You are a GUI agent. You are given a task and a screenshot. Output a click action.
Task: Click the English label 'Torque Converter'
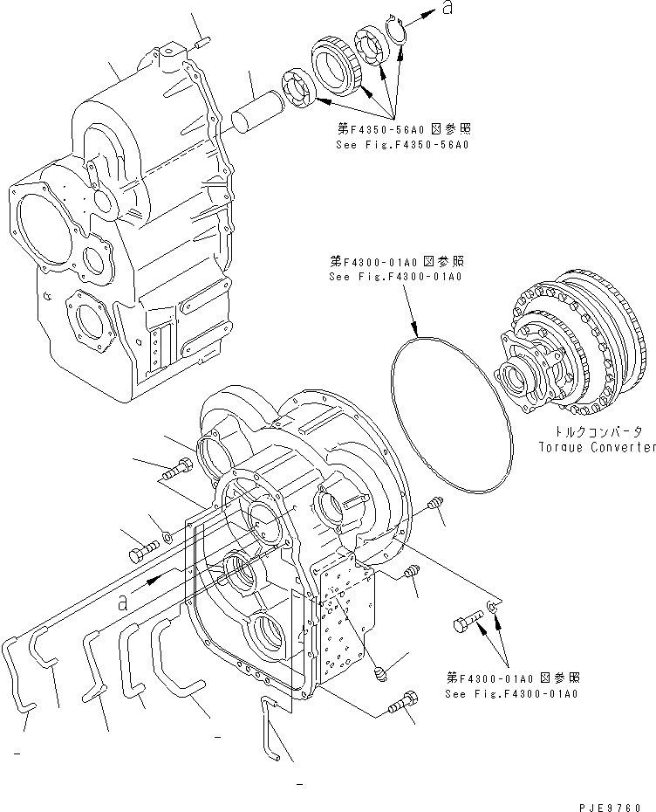[x=596, y=447]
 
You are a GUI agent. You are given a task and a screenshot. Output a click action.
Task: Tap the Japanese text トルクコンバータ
[x=598, y=432]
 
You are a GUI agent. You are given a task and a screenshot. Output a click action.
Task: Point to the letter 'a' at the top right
[x=447, y=9]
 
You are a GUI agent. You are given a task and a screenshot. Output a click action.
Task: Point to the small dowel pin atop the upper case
[x=198, y=41]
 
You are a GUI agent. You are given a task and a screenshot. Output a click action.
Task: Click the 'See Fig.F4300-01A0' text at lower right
[x=511, y=694]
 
